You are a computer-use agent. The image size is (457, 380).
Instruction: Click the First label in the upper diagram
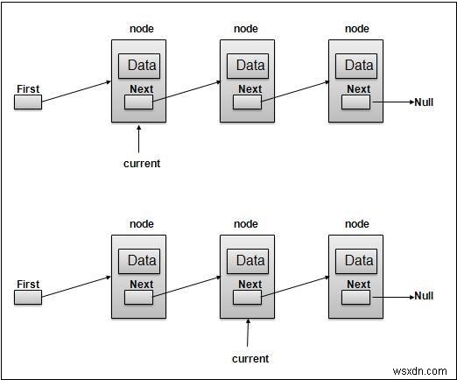29,88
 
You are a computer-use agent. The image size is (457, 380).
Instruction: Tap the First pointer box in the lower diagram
29,298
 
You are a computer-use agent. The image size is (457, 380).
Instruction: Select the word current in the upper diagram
141,163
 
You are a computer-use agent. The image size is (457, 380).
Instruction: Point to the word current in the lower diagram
250,358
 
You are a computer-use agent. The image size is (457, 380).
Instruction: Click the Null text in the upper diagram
424,102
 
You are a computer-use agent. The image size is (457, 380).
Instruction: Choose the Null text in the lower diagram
424,297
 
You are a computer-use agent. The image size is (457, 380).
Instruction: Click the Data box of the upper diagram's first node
142,66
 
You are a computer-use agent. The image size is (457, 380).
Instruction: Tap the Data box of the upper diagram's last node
358,66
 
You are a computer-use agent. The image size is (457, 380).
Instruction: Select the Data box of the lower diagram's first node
142,261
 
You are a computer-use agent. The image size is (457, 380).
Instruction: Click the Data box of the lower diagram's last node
358,261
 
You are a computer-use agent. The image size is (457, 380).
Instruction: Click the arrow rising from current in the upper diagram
140,140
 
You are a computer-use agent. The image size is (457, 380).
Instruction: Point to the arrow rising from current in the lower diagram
248,335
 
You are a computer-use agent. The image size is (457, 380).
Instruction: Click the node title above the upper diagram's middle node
247,29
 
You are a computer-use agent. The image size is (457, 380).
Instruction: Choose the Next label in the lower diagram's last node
358,285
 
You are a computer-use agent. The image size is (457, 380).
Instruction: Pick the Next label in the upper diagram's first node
141,88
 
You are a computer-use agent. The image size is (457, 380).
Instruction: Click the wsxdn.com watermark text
421,369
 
